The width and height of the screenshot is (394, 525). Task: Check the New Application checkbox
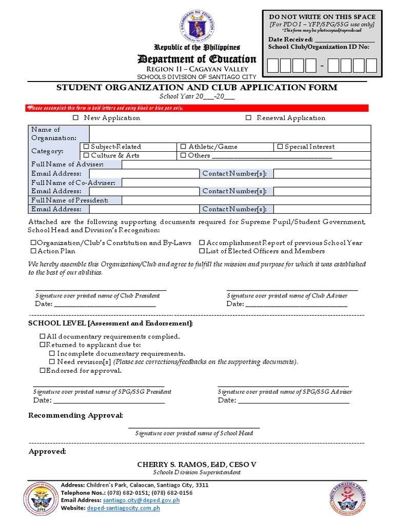click(x=75, y=118)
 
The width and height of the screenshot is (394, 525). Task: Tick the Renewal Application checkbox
click(x=248, y=118)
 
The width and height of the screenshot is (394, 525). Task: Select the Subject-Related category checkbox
click(x=86, y=147)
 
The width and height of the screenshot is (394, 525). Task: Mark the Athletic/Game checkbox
click(x=183, y=147)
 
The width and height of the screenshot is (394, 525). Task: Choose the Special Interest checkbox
click(x=280, y=147)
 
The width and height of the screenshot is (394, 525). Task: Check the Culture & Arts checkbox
click(x=86, y=155)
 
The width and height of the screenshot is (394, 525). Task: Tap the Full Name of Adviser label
click(x=67, y=165)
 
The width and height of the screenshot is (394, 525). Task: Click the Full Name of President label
click(x=70, y=200)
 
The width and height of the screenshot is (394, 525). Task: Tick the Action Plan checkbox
click(x=33, y=251)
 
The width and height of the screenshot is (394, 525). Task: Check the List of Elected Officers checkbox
click(x=202, y=251)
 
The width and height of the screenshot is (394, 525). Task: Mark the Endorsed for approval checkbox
click(x=43, y=370)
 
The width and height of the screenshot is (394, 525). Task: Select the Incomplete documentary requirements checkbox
click(x=52, y=354)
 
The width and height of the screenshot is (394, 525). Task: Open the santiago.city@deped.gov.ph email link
click(x=141, y=500)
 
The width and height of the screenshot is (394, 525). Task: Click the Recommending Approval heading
click(x=75, y=415)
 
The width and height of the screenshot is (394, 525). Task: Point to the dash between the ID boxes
click(x=322, y=66)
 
